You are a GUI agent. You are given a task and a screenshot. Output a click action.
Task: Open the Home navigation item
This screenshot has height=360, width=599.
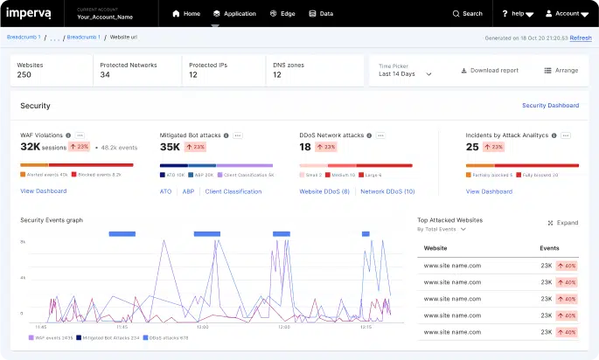click(x=186, y=14)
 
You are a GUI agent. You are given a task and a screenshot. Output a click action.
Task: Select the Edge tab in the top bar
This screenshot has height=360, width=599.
click(x=282, y=14)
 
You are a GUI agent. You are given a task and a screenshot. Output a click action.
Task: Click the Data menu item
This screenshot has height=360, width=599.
click(x=321, y=14)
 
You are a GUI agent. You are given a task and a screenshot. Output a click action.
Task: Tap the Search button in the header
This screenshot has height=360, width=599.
click(x=467, y=14)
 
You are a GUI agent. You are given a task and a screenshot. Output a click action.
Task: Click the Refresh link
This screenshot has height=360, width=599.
click(x=581, y=38)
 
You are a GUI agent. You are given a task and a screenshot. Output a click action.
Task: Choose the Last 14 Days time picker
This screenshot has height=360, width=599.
click(x=405, y=74)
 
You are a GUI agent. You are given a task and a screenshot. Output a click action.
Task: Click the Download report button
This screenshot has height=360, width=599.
click(x=489, y=70)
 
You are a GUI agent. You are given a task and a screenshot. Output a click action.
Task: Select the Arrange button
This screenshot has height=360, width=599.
click(x=561, y=70)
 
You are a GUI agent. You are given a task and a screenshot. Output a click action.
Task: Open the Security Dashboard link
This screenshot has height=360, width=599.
click(x=550, y=106)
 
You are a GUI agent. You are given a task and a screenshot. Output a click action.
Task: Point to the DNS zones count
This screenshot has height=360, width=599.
click(x=277, y=75)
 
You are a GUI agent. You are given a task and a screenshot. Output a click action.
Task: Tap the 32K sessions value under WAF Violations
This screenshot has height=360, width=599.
click(x=49, y=148)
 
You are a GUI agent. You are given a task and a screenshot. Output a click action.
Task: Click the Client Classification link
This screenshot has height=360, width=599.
click(x=233, y=191)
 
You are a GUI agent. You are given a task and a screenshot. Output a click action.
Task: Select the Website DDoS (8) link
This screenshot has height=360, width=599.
click(x=324, y=191)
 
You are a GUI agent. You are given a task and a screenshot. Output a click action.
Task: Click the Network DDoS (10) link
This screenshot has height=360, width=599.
click(x=387, y=191)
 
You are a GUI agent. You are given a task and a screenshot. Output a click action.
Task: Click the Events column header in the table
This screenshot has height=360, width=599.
click(x=550, y=248)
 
